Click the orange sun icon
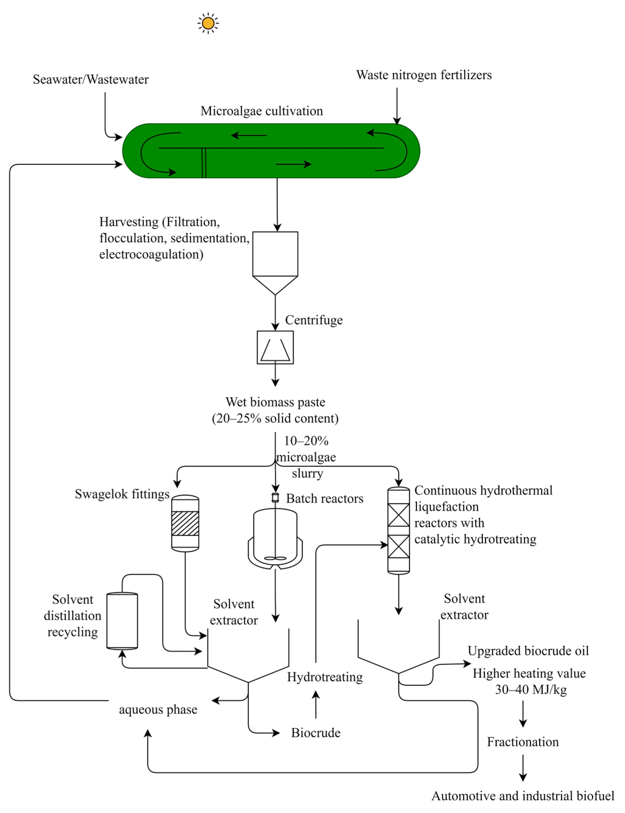tap(208, 23)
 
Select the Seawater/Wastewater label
tap(91, 79)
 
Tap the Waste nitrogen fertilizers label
tap(424, 75)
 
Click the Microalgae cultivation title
tap(262, 111)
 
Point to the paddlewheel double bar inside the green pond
tap(204, 163)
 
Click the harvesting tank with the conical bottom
tap(275, 263)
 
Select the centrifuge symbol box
tap(275, 347)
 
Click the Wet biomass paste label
tap(275, 402)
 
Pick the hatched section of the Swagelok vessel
tap(185, 523)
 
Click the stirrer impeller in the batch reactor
tap(275, 558)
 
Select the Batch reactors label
tap(325, 498)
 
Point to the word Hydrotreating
tap(325, 677)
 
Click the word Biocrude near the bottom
tap(316, 733)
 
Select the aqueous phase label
tap(158, 710)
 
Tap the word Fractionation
tap(523, 742)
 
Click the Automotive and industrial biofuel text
tap(523, 796)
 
